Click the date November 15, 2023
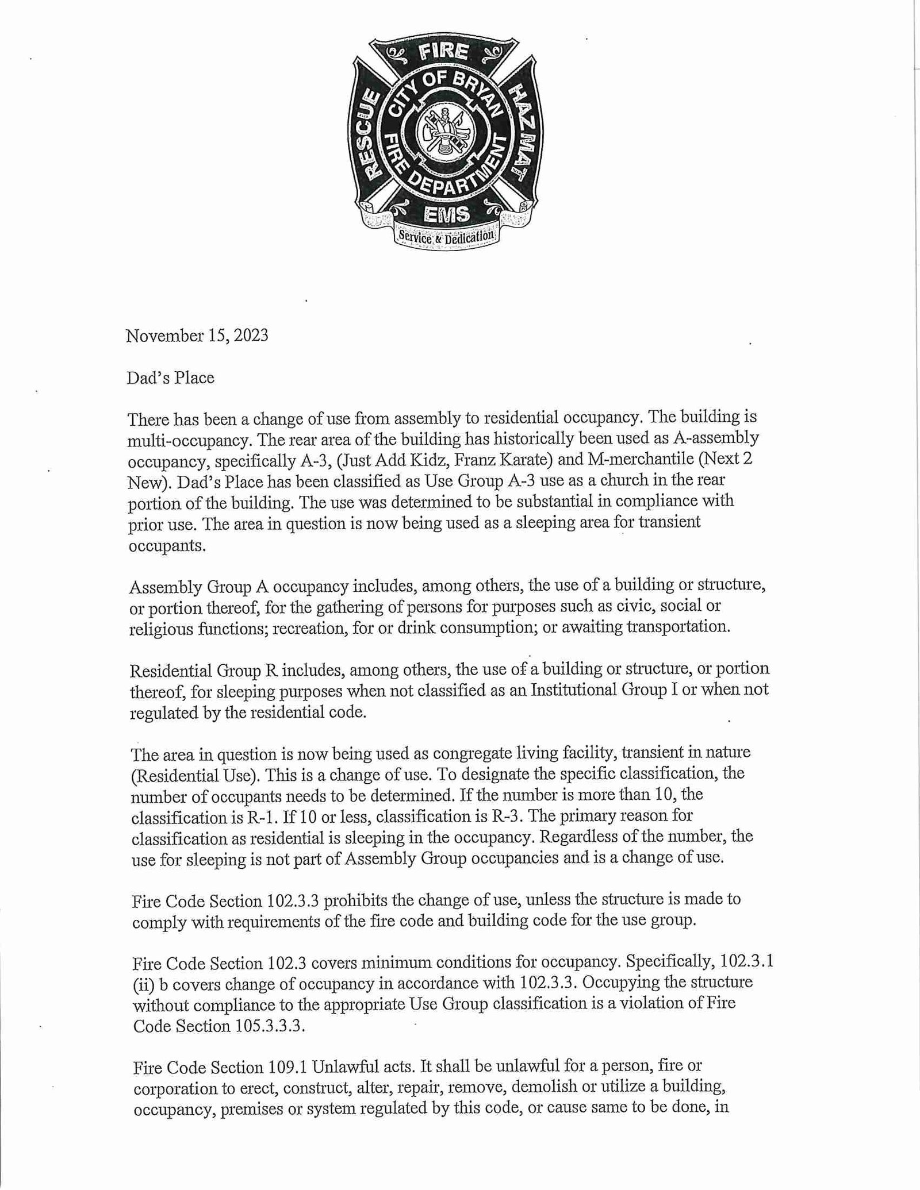click(x=197, y=336)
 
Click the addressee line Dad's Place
click(x=171, y=378)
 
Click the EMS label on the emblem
click(x=446, y=214)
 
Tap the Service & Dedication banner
click(x=446, y=236)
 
